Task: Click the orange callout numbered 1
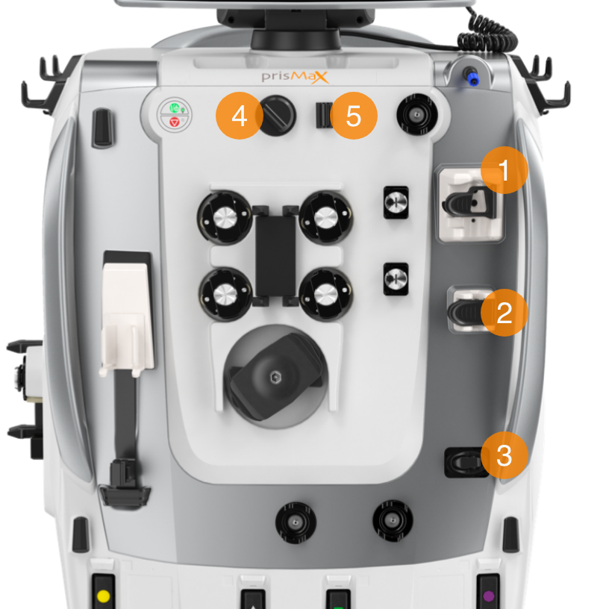tap(504, 170)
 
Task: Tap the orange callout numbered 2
tap(504, 313)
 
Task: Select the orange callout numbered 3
tap(504, 455)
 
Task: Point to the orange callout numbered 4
tap(240, 116)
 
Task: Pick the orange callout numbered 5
tap(354, 116)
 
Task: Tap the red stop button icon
tap(175, 122)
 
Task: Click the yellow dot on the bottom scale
tap(103, 596)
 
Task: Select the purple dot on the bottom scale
tap(489, 596)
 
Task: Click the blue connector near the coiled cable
tap(472, 78)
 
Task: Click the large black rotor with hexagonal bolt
tap(276, 377)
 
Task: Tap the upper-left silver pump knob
tap(225, 217)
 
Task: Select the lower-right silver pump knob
tap(325, 294)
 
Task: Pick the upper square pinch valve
tap(396, 202)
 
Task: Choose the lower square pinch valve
tap(396, 279)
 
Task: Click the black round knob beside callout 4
tap(277, 116)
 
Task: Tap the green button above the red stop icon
tap(175, 107)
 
